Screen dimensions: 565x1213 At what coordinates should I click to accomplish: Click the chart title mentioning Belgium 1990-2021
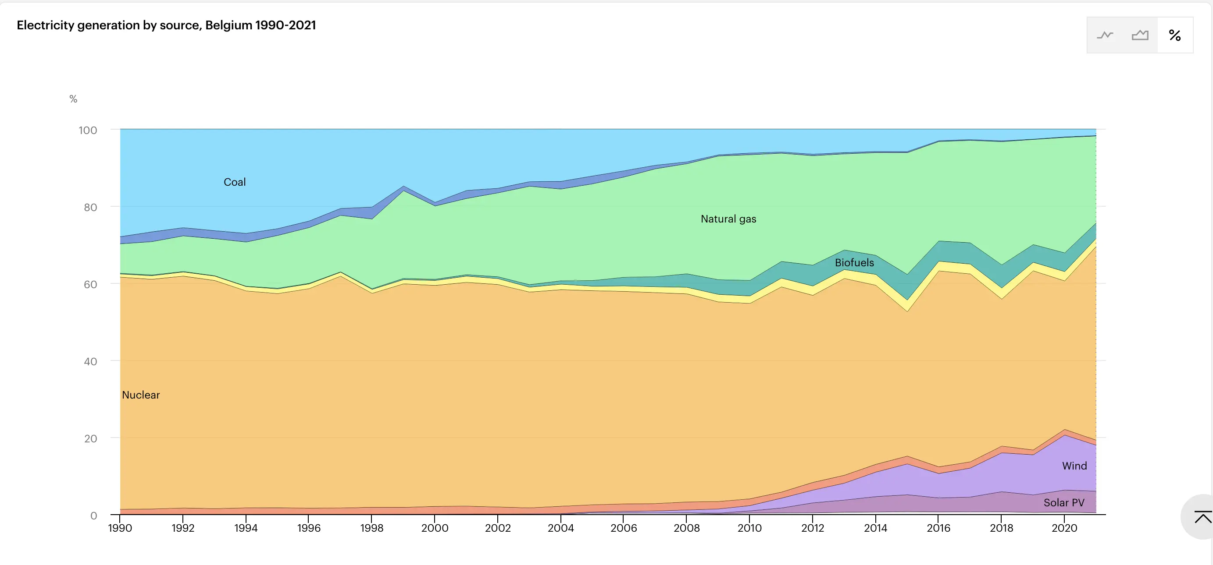(x=166, y=25)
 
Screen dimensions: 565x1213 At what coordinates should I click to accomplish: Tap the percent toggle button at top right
(x=1174, y=35)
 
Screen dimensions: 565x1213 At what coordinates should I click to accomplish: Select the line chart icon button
(x=1105, y=35)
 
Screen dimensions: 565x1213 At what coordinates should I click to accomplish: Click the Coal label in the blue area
(x=235, y=182)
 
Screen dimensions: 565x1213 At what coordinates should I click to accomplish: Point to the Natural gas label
(x=728, y=219)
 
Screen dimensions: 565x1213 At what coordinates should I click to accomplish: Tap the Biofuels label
(x=854, y=262)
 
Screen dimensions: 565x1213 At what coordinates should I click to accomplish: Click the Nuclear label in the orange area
(x=141, y=395)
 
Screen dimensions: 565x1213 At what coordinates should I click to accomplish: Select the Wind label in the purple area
(x=1074, y=466)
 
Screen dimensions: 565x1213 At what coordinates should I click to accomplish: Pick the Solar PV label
(x=1064, y=502)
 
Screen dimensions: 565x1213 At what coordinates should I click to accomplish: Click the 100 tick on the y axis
(x=88, y=131)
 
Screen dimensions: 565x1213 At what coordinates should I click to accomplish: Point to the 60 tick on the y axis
(x=90, y=284)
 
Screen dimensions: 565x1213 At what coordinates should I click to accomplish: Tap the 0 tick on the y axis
(x=93, y=516)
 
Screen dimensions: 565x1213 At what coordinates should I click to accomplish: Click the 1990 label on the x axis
(x=120, y=528)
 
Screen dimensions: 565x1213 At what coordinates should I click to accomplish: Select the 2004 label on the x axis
(x=560, y=528)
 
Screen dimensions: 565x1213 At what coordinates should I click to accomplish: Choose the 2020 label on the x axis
(x=1064, y=528)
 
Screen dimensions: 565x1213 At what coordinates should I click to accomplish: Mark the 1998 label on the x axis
(x=371, y=528)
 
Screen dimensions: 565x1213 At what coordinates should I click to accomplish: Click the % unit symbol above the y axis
(x=73, y=99)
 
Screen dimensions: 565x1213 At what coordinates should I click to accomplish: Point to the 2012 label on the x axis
(x=812, y=528)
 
